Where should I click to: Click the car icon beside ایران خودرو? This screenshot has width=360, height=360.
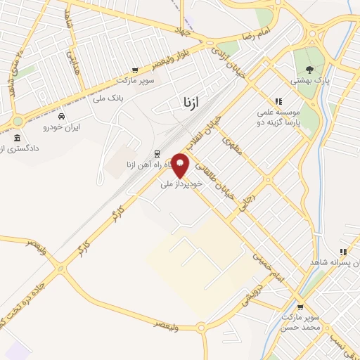[x=62, y=116]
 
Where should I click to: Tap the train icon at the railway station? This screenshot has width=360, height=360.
[x=157, y=154]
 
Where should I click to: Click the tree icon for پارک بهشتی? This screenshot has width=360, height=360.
[x=309, y=69]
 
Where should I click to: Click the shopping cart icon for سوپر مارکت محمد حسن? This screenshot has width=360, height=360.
[x=300, y=307]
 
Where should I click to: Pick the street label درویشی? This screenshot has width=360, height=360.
[x=250, y=297]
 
